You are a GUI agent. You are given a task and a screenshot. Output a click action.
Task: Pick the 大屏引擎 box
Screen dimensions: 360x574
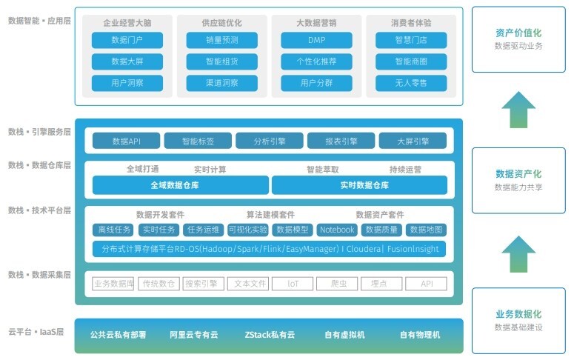(x=413, y=141)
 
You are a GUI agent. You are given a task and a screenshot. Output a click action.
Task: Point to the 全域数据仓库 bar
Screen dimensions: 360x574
(x=180, y=185)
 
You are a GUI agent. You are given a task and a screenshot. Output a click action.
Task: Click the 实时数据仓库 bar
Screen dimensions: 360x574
(x=359, y=185)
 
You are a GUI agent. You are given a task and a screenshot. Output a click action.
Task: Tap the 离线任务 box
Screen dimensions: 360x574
(x=114, y=230)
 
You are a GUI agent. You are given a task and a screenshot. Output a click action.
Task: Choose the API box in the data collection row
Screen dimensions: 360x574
(x=427, y=283)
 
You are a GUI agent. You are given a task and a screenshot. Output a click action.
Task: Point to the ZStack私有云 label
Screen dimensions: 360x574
(x=270, y=335)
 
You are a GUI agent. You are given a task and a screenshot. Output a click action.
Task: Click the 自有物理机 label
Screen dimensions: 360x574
(x=419, y=335)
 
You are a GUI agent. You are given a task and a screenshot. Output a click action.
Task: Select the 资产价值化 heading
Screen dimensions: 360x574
(x=518, y=33)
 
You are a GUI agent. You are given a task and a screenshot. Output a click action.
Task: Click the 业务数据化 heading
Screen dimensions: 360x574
(x=518, y=314)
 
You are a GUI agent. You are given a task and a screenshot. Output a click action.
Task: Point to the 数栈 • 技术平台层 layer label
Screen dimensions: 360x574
(x=39, y=211)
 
